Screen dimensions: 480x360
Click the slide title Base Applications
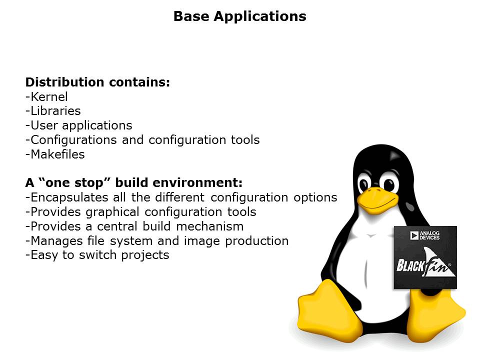coord(239,16)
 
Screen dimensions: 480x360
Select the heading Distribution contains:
coord(97,82)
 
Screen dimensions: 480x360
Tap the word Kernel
coord(49,96)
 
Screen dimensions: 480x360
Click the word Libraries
coord(55,111)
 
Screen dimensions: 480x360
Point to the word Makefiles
coord(57,154)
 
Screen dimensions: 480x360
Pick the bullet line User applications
coord(79,125)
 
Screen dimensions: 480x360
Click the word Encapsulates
coord(69,197)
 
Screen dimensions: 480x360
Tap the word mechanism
coord(210,226)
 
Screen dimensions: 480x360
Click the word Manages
coord(56,241)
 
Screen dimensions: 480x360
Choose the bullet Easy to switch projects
coord(97,255)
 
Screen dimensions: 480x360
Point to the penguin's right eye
coord(389,183)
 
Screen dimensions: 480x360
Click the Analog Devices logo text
coord(429,235)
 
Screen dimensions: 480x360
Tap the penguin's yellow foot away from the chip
coord(329,312)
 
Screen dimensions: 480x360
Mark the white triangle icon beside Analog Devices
coord(414,235)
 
